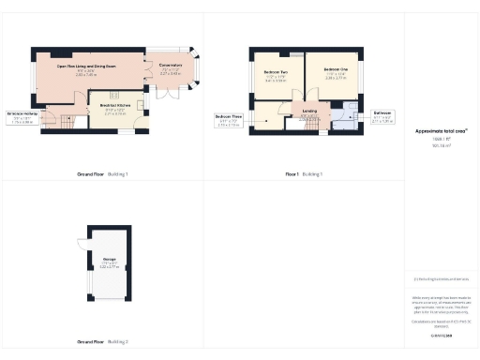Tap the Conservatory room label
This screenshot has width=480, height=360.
[x=172, y=67]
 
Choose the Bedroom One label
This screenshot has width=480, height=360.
[x=335, y=71]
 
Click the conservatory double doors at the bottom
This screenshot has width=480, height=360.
[x=166, y=95]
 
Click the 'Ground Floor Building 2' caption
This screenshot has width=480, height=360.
[x=102, y=342]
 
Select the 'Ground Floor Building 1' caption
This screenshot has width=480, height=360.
[x=102, y=174]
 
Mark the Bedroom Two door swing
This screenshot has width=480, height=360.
[x=293, y=97]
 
